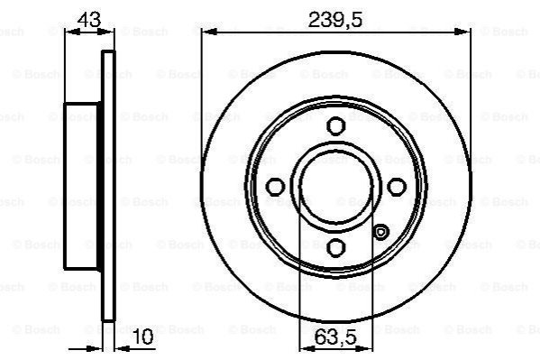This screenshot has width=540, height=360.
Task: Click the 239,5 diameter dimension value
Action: (335, 20)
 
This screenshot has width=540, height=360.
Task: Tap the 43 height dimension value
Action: (89, 20)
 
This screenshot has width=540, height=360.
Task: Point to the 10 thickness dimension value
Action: (142, 337)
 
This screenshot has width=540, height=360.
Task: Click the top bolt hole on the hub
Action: (335, 125)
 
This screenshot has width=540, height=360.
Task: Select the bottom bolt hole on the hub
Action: (335, 247)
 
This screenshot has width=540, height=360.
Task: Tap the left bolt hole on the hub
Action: (276, 187)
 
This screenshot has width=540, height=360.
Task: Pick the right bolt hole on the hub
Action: (397, 187)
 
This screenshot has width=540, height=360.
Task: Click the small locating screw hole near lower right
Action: (381, 233)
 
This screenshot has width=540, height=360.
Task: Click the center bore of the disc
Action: (335, 187)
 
